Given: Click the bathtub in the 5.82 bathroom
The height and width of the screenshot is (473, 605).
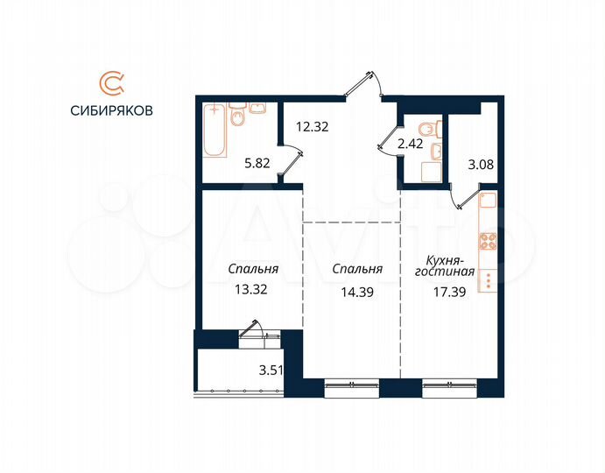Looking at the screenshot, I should [x=215, y=131].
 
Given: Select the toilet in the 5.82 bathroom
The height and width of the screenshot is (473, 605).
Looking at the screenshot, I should [x=238, y=119].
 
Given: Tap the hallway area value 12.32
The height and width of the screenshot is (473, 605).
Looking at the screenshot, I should [x=311, y=126].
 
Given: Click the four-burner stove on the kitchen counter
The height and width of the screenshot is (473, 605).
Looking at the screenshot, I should [x=488, y=241].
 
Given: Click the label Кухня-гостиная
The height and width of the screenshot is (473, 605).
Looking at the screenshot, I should [x=449, y=266].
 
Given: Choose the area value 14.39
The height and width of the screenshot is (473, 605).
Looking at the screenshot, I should [x=358, y=293].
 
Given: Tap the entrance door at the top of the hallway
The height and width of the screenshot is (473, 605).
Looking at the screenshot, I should [x=366, y=88].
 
